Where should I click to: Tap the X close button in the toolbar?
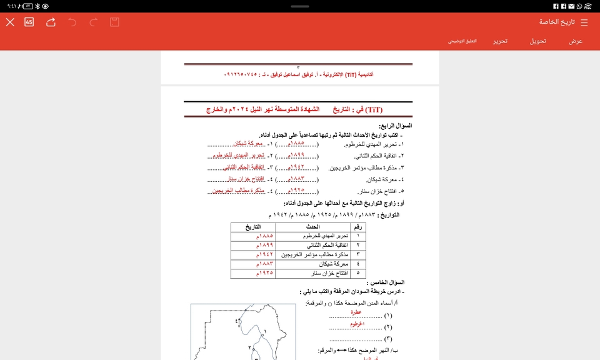pos(10,22)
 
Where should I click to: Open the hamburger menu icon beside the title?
pos(584,22)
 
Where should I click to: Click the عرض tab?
pos(576,41)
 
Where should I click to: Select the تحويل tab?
pos(538,41)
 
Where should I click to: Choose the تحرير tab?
pos(500,41)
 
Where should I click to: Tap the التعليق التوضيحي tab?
pos(462,41)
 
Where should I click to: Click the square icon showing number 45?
pos(29,22)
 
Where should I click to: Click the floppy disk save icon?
pos(114,22)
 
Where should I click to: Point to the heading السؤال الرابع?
pos(395,126)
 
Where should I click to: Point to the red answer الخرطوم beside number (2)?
pos(357,324)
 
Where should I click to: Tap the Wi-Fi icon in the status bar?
pos(587,6)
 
